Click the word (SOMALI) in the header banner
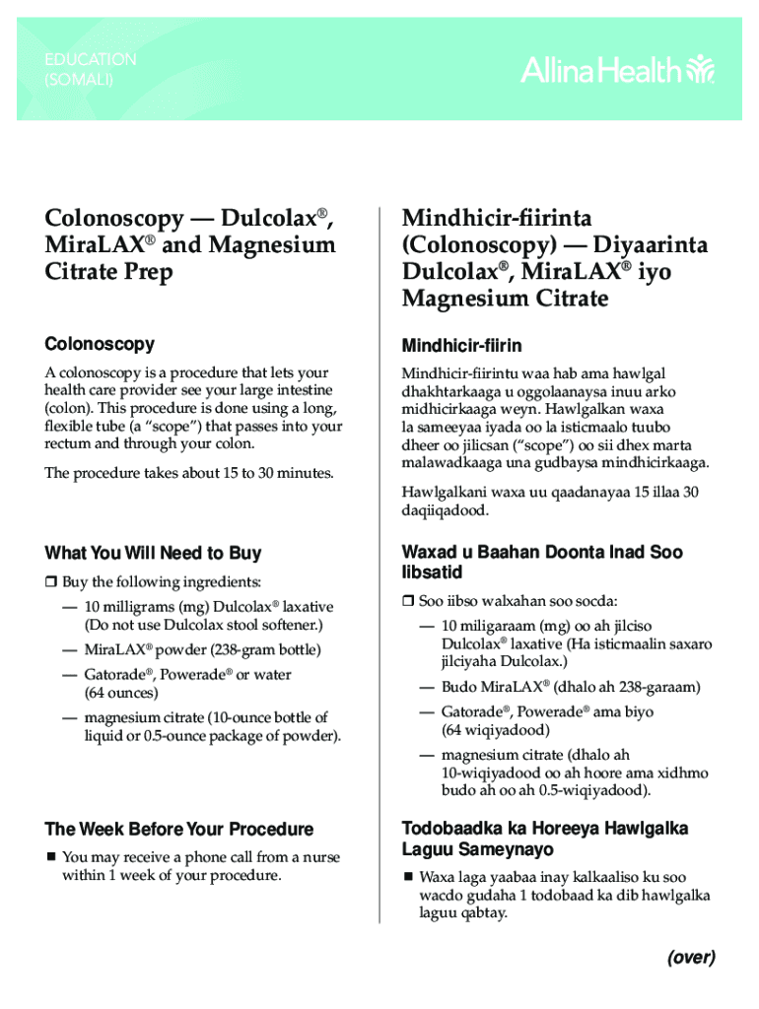point(79,80)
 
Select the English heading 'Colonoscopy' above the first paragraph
point(100,344)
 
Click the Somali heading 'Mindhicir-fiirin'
point(461,346)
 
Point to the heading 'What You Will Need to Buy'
point(153,553)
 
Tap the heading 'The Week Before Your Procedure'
point(179,829)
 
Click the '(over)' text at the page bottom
point(690,957)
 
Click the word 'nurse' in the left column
point(320,857)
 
